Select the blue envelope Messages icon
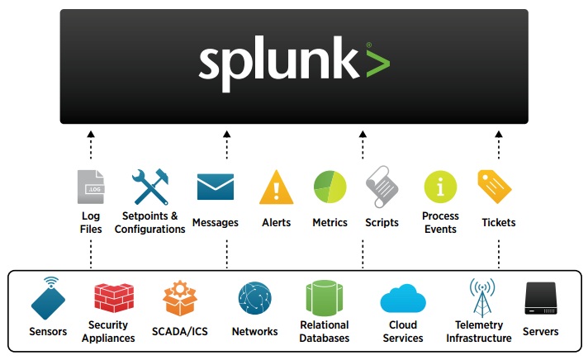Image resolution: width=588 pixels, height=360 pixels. pyautogui.click(x=215, y=187)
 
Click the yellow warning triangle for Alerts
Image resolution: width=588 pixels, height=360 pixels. pyautogui.click(x=276, y=187)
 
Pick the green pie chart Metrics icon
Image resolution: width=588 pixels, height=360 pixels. pyautogui.click(x=330, y=187)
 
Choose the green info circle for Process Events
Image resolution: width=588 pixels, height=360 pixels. pyautogui.click(x=440, y=187)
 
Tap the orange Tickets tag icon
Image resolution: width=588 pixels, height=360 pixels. pyautogui.click(x=495, y=187)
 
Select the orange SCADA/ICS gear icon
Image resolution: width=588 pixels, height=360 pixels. pyautogui.click(x=180, y=298)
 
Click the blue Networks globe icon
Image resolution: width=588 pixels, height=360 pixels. pyautogui.click(x=254, y=298)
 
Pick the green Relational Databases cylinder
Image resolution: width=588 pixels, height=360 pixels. pyautogui.click(x=324, y=298)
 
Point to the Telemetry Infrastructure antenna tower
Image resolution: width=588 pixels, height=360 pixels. pyautogui.click(x=481, y=296)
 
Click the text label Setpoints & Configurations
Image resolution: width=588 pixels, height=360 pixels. pyautogui.click(x=149, y=222)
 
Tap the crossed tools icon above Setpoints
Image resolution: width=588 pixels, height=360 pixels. pyautogui.click(x=150, y=187)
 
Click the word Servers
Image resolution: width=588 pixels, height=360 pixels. pyautogui.click(x=541, y=332)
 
